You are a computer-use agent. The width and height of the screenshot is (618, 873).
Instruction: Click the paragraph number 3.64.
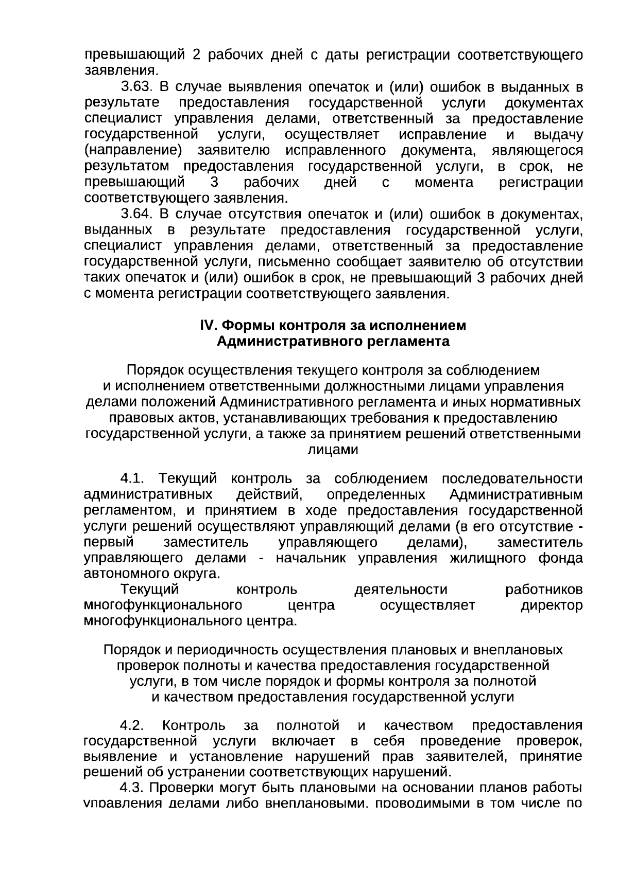pos(134,214)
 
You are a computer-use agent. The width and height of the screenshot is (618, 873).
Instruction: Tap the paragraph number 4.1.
pos(132,479)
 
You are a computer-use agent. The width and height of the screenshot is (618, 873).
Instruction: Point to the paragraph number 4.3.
pos(132,788)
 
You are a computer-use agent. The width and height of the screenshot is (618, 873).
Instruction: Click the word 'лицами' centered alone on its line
pos(332,450)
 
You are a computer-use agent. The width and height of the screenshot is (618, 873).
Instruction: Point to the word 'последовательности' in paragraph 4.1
pos(512,479)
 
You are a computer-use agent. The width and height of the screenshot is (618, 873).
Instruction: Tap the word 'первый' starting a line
pos(109,543)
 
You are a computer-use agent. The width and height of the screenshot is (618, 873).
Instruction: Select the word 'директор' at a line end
pos(552,605)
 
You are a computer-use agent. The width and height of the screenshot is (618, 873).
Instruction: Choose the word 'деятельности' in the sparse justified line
pos(401,590)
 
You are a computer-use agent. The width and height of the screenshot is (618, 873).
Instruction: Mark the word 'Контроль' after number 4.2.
pos(194,725)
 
